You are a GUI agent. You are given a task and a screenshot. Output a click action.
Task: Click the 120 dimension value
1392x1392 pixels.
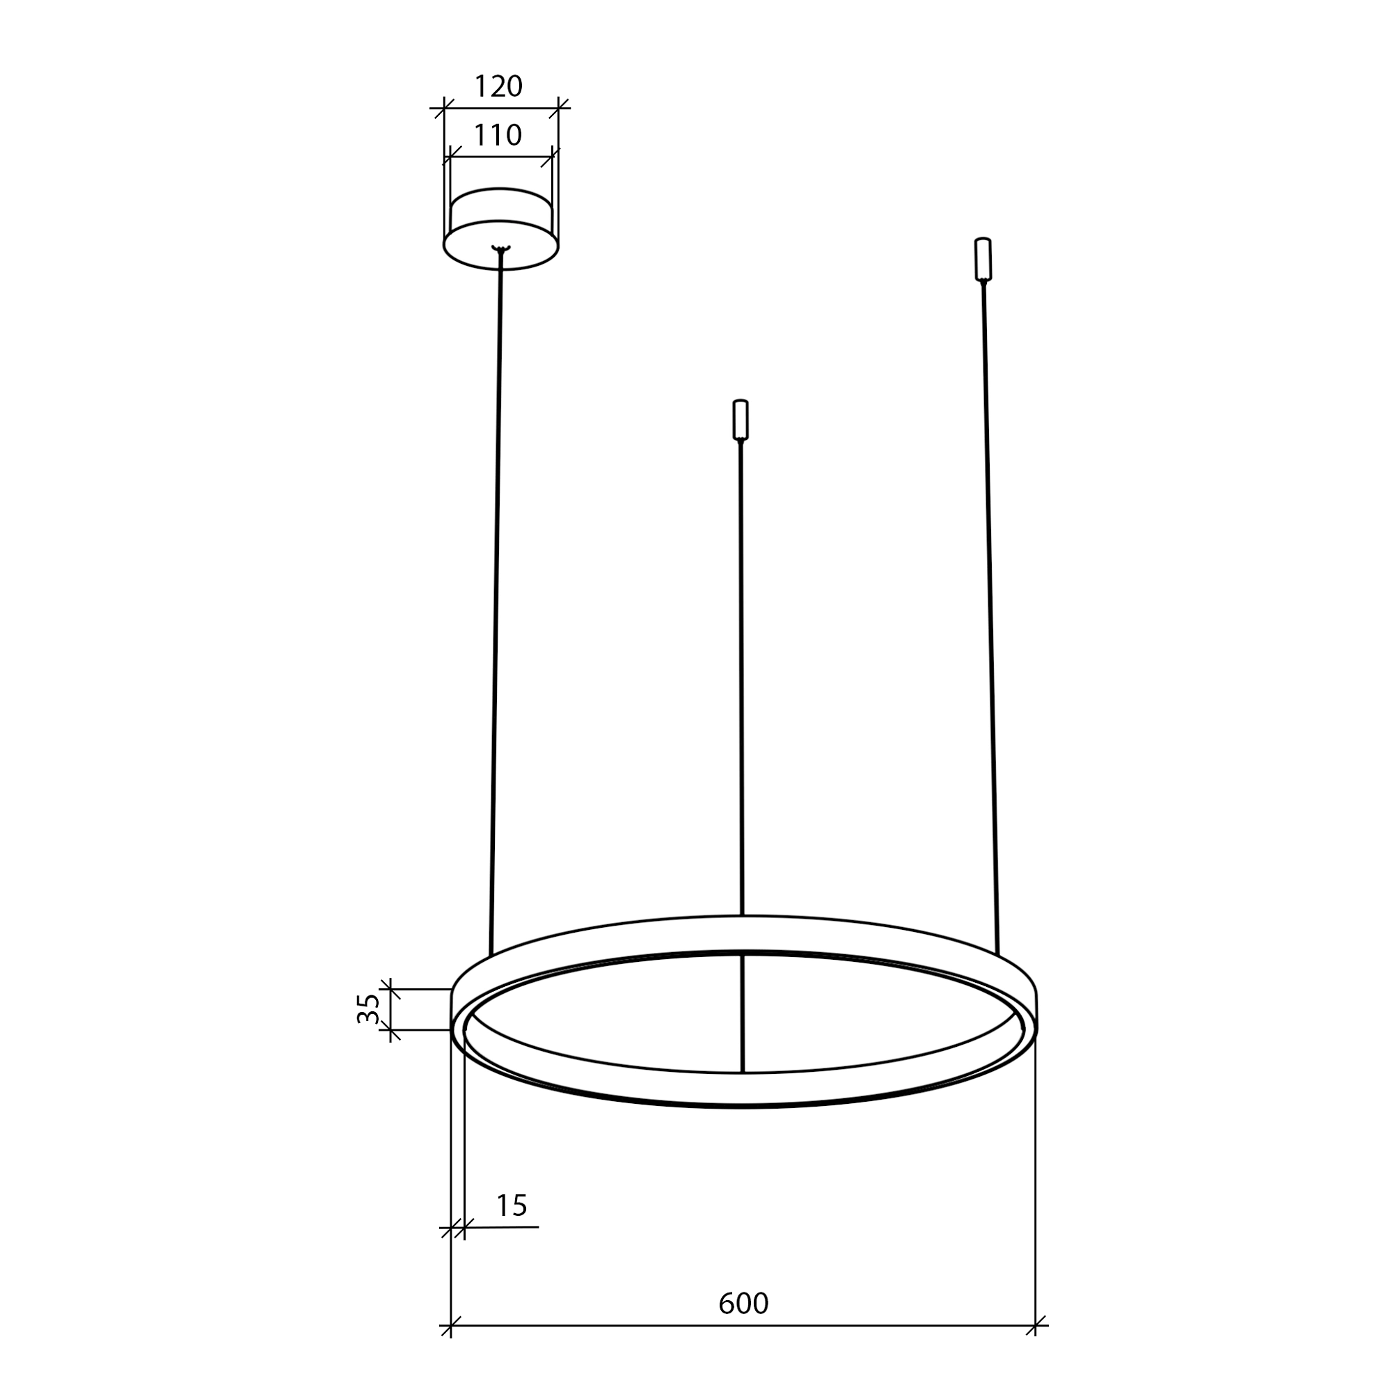(498, 87)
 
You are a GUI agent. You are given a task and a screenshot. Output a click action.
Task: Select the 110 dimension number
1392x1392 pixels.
(498, 135)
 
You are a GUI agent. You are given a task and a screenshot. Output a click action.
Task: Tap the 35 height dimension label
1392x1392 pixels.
(368, 1008)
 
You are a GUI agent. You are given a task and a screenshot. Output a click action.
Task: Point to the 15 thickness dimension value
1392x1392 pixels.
(512, 1205)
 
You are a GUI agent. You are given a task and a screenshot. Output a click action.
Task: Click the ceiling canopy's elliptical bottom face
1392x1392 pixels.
(500, 244)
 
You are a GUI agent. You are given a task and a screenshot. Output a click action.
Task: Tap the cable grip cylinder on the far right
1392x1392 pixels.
(983, 259)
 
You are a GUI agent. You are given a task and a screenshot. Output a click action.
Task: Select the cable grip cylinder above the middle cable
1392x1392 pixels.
(741, 419)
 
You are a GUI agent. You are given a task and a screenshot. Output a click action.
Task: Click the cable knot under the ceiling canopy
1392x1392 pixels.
(500, 249)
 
